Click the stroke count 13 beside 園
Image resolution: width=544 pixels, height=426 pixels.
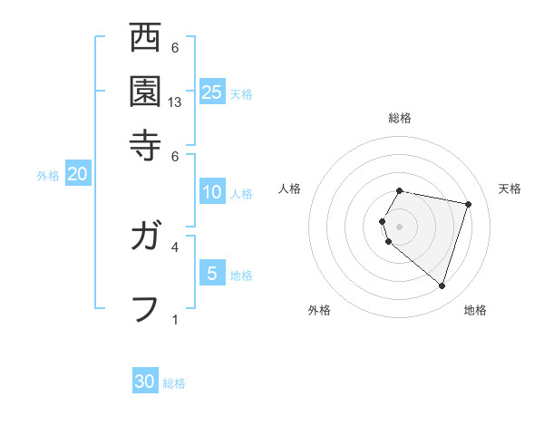coord(175,102)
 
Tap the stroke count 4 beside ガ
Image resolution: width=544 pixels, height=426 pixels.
coord(175,247)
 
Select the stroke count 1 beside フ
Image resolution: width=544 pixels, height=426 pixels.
coord(175,319)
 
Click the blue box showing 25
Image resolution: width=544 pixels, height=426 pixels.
coord(212,92)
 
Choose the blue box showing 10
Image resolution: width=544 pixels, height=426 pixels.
coord(212,192)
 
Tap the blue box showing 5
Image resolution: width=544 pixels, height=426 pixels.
coord(212,274)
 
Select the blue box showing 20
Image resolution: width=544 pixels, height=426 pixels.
coord(77,175)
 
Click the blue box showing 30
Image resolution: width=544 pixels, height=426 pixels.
coord(145,382)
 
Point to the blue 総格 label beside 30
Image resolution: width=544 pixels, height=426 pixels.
coord(175,383)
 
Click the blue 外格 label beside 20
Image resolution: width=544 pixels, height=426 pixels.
coord(47,177)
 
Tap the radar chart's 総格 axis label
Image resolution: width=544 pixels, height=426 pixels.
coord(400,118)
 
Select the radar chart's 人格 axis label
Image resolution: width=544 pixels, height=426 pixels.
coord(290,189)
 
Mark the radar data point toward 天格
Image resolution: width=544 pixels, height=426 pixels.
coord(468,205)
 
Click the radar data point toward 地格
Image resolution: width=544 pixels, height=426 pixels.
coord(442,286)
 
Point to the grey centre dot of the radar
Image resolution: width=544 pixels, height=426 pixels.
coord(400,226)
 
